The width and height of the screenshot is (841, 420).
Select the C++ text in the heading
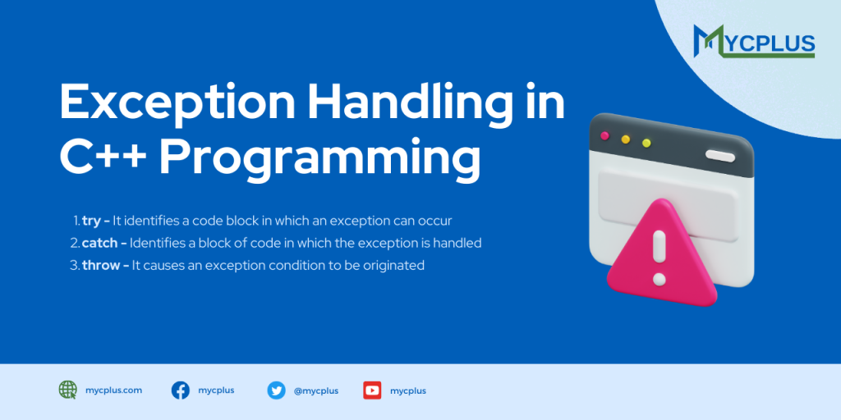tap(104, 157)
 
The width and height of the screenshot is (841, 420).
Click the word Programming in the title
tap(319, 159)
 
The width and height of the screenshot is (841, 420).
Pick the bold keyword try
tap(92, 221)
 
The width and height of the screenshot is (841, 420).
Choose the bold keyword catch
tap(100, 243)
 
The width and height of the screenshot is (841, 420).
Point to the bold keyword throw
tap(101, 265)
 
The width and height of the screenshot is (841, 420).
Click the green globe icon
tap(68, 390)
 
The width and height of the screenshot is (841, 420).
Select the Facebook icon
tap(181, 390)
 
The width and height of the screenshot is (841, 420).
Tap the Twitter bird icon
tap(276, 390)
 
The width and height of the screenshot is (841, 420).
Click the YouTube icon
tap(372, 390)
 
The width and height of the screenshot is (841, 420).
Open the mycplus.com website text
tap(113, 390)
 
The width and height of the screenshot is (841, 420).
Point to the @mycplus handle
tap(312, 391)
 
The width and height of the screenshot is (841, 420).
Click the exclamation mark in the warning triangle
tap(658, 254)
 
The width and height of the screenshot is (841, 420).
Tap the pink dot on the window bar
tap(605, 135)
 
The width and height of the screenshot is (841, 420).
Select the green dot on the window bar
tap(646, 143)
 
